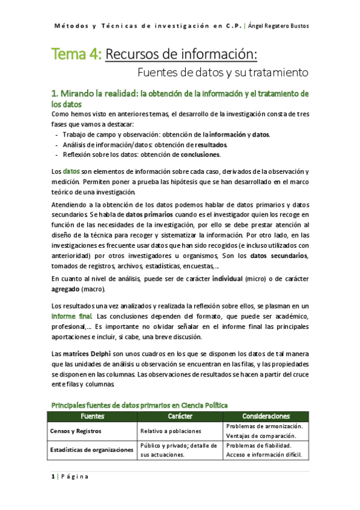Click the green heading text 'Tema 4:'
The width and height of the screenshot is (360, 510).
point(76,55)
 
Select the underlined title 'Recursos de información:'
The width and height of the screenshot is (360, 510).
point(182,55)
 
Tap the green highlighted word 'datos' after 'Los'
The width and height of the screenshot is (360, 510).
point(72,171)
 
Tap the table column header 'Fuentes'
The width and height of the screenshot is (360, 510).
point(93,416)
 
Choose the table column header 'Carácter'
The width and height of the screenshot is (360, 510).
point(180,416)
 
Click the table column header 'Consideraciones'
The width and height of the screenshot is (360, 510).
point(266,416)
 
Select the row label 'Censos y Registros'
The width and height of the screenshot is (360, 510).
point(76,431)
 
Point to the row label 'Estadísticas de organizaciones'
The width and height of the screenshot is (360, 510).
point(92,450)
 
